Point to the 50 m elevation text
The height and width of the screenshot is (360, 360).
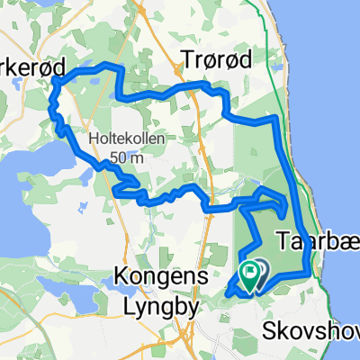[123, 157]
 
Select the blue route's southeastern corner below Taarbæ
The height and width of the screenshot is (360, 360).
[308, 270]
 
